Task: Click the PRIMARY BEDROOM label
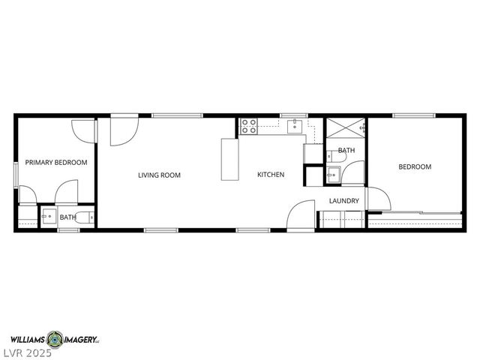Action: click(x=56, y=162)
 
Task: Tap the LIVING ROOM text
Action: click(x=159, y=175)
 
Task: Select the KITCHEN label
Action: click(x=271, y=175)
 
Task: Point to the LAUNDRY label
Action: click(x=344, y=201)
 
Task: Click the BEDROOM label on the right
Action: click(x=415, y=166)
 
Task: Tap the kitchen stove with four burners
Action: click(x=248, y=126)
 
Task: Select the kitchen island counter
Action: click(x=228, y=159)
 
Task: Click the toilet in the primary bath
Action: click(x=88, y=217)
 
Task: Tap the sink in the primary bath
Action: click(x=47, y=217)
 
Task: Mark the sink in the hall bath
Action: click(x=332, y=175)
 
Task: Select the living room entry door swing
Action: click(x=122, y=131)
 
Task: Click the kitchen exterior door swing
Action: click(x=300, y=214)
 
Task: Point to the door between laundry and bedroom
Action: click(x=379, y=197)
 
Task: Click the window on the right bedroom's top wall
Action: click(x=414, y=115)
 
